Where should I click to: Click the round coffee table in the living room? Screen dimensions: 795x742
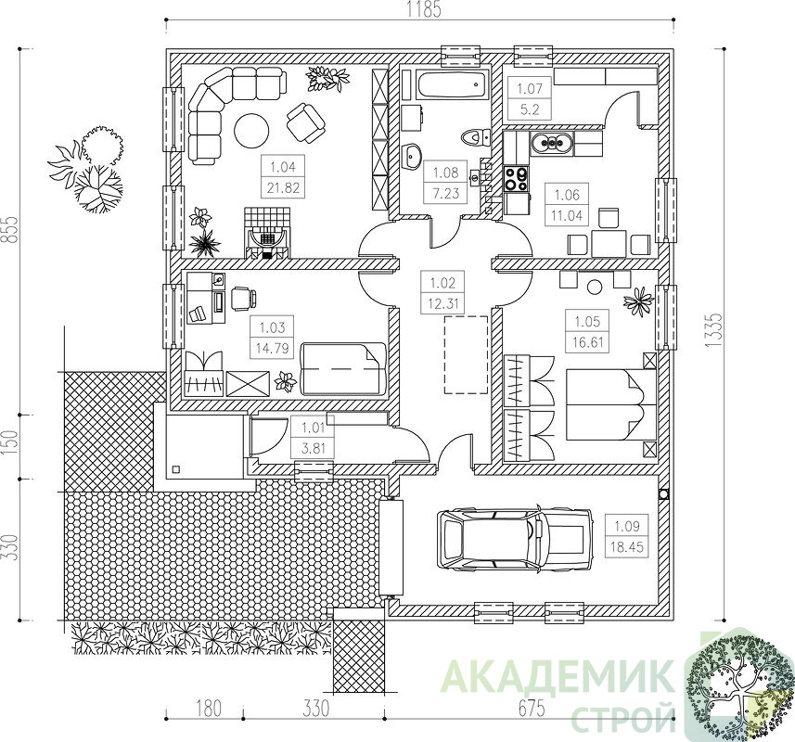point(251,130)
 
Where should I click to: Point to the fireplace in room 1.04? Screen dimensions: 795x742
point(267,233)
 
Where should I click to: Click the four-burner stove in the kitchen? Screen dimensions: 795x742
point(517,178)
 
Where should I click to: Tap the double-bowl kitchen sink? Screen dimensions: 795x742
point(552,144)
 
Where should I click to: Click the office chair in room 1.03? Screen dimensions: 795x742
point(243,299)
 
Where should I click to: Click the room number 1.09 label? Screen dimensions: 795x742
point(627,526)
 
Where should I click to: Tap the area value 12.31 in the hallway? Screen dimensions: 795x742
point(442,303)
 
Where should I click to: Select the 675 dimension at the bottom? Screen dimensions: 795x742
point(531,708)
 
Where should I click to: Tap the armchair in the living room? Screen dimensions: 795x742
point(306,122)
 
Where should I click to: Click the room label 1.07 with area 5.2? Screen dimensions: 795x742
point(530,99)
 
